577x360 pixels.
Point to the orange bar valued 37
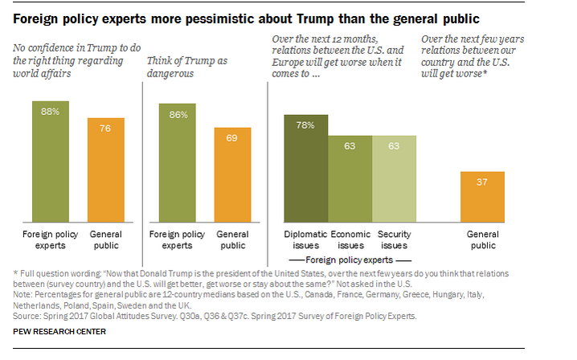[482, 196]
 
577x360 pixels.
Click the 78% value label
[306, 125]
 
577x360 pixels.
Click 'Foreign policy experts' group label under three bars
[349, 260]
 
